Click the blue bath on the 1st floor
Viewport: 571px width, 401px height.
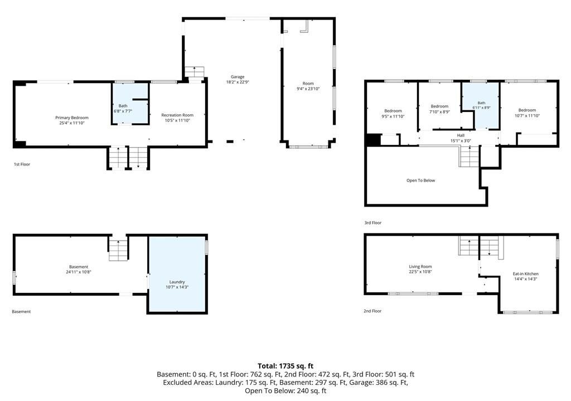[130, 104]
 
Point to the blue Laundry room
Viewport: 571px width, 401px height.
[177, 274]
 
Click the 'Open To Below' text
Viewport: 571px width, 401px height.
[420, 180]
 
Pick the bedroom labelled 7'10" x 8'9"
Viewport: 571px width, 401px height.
[439, 109]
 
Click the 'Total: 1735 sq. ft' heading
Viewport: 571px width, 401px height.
[285, 366]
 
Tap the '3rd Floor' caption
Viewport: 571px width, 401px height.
[373, 223]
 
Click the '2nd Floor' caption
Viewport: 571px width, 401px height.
[372, 311]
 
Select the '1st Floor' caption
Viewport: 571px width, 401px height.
[22, 164]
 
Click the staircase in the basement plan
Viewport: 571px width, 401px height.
[118, 251]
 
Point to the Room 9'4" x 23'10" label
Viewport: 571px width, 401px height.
[308, 86]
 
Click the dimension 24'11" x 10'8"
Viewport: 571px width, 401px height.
[79, 272]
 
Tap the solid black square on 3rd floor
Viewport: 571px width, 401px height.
[373, 140]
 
